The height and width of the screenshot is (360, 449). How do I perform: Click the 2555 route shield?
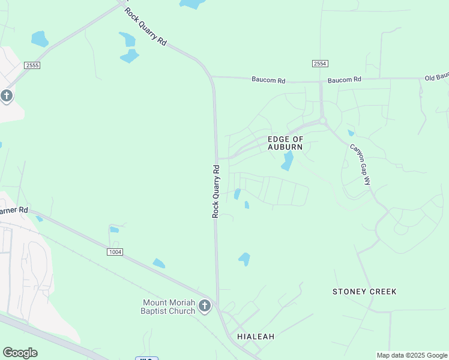coord(32,65)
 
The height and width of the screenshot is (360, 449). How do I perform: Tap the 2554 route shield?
coord(320,64)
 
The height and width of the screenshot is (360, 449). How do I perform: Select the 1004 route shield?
coord(115,252)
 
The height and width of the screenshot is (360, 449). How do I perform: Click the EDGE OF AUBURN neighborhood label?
coord(285,143)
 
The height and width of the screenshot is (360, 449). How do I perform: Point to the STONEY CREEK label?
coord(364,292)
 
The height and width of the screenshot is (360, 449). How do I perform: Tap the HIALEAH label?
coord(256,337)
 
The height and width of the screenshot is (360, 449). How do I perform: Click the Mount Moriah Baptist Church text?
coord(169,307)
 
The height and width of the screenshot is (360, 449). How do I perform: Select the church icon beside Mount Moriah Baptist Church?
coord(205,307)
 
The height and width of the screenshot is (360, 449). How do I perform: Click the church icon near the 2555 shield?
coord(7,96)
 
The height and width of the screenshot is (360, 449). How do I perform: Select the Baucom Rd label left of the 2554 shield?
coord(268,79)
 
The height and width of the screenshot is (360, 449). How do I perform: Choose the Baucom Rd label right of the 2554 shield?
coord(345,79)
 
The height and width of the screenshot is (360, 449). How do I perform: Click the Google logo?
coord(20,353)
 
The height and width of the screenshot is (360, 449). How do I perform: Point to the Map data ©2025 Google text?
coord(412,355)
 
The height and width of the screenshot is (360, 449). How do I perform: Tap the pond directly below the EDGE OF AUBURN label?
coord(288,161)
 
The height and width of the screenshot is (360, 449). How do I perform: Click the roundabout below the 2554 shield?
coord(323,121)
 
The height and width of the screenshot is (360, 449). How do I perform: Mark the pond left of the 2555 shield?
coord(40,39)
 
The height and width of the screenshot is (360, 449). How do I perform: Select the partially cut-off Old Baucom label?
coord(436,77)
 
